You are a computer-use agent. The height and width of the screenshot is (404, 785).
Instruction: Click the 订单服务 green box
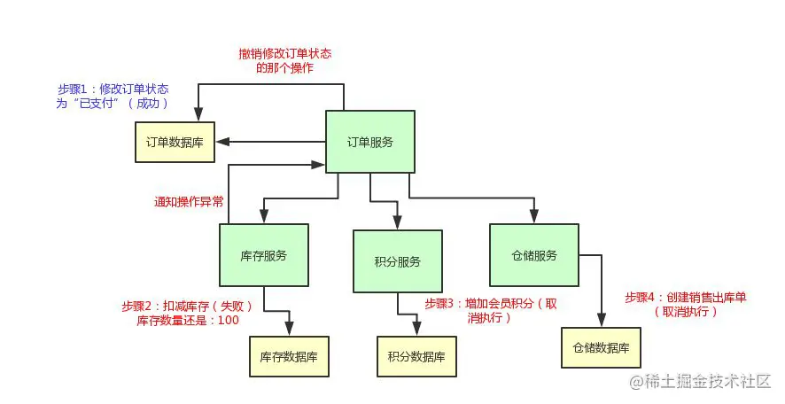coord(369,142)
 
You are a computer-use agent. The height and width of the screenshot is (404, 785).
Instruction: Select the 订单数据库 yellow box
coord(174,142)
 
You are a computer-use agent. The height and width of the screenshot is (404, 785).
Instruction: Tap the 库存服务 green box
coord(263,255)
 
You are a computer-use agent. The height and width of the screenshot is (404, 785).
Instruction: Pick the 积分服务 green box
coord(397,261)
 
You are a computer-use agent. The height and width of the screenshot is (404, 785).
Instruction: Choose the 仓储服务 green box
coord(533,255)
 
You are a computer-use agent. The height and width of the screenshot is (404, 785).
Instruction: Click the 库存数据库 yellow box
coord(289,357)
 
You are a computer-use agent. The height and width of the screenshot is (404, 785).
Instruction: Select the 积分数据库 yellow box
coord(416,357)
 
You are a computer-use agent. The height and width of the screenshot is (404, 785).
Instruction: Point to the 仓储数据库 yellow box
coord(600,348)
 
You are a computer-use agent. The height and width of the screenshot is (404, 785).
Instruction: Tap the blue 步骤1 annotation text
coord(113,97)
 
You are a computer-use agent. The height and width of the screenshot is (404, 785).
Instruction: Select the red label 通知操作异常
coord(188,202)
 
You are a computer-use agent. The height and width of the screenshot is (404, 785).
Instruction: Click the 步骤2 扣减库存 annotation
coord(188,313)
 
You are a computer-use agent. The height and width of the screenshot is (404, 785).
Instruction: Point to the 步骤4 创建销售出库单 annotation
coord(685,304)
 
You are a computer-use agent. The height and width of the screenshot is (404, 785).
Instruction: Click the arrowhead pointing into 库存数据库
coord(289,332)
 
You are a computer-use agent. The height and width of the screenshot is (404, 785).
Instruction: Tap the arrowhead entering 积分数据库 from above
coord(416,332)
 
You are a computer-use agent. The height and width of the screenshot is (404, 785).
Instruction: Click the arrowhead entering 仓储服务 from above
coord(533,218)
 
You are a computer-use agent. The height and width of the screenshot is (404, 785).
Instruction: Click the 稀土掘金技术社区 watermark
coord(700,381)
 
